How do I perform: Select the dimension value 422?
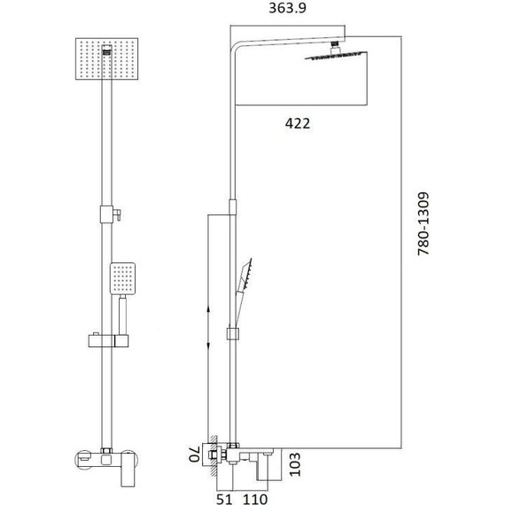click(x=297, y=124)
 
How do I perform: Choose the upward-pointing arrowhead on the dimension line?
click(x=208, y=307)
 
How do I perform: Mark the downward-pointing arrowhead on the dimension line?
click(x=208, y=347)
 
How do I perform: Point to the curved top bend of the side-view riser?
click(x=235, y=46)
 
